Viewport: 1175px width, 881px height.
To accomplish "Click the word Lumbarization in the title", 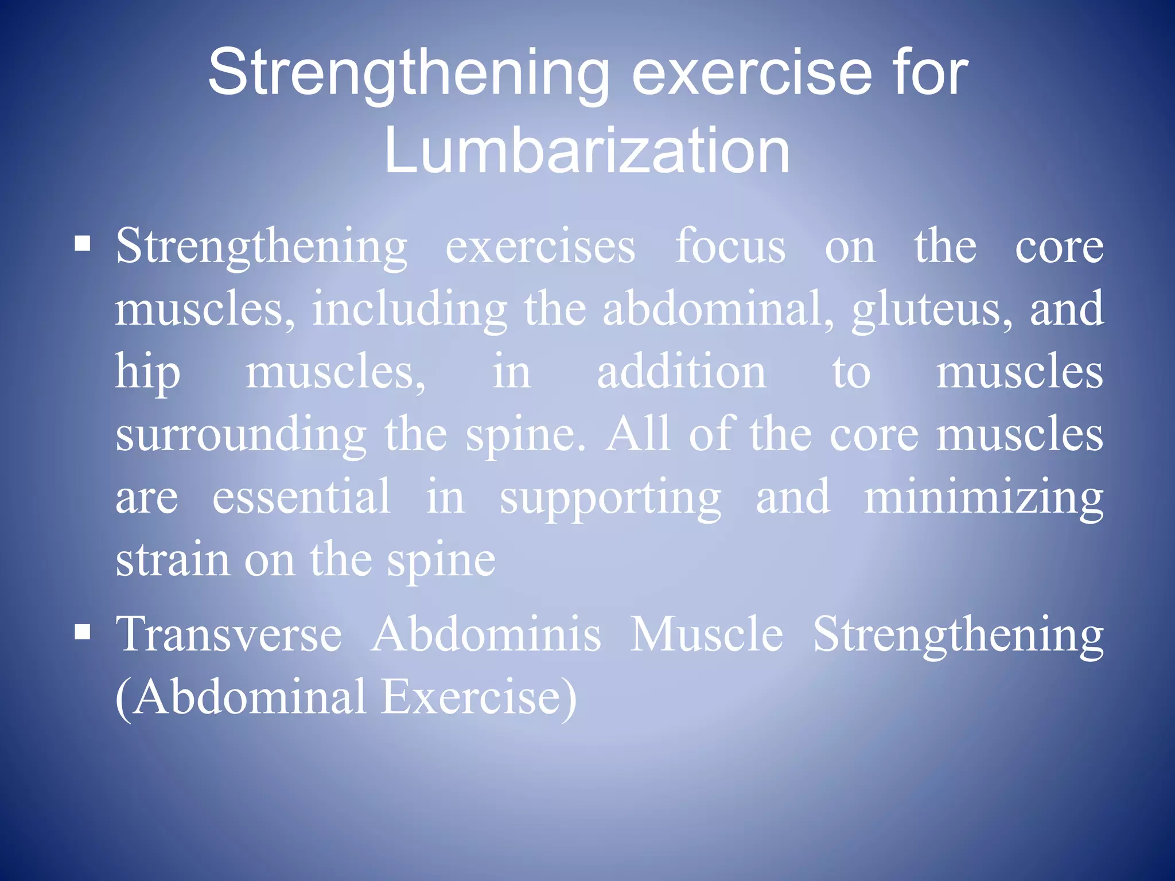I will coord(587,150).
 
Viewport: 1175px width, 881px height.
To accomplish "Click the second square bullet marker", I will coord(83,632).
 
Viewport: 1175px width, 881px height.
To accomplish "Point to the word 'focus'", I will coord(730,247).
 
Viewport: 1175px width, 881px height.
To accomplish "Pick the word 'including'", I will coord(409,310).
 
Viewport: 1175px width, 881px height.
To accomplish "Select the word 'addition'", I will coord(681,372).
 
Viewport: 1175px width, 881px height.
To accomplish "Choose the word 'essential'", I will coord(302,497).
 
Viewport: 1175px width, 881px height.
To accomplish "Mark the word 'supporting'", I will coord(610,498).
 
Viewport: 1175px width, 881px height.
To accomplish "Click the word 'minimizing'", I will coord(983,497).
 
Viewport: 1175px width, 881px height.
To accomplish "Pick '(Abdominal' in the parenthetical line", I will coord(241,697).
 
